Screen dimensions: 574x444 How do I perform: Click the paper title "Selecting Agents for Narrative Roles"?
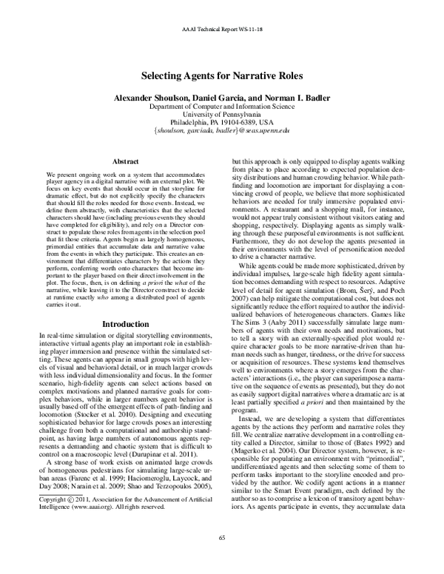pos(221,75)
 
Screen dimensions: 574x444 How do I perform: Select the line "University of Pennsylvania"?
pos(222,115)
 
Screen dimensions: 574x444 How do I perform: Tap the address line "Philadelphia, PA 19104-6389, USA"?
pos(222,124)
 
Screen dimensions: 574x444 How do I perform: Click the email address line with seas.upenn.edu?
pos(222,132)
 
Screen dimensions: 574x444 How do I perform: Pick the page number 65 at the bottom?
pos(222,557)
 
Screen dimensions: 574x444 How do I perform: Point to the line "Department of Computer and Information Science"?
pos(222,107)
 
